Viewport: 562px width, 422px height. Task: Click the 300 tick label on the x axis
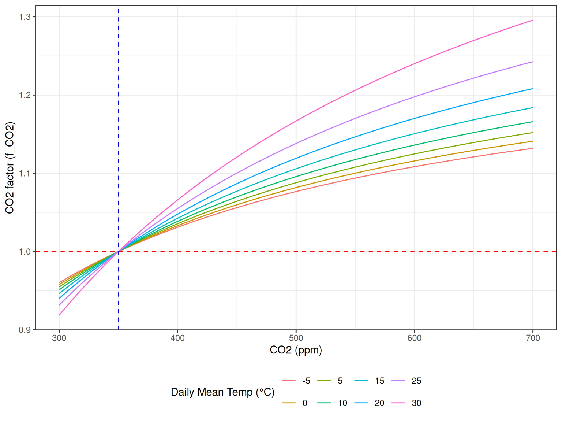pos(59,338)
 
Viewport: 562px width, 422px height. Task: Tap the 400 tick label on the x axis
pos(177,338)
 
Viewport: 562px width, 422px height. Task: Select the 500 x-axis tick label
pos(296,338)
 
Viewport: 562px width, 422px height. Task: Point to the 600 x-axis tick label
pos(414,338)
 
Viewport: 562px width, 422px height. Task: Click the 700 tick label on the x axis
pos(533,338)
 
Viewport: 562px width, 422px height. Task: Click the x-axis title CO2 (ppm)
pos(296,350)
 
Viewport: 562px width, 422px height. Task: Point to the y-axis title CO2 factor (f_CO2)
pos(10,168)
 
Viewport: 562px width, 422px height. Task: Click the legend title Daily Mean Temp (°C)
pos(222,392)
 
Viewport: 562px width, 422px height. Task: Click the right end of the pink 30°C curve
pos(533,21)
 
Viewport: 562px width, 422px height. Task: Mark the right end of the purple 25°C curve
pos(533,62)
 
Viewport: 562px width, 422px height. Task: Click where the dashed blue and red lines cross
pos(118,252)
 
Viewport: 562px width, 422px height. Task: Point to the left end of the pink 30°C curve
pos(59,315)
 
